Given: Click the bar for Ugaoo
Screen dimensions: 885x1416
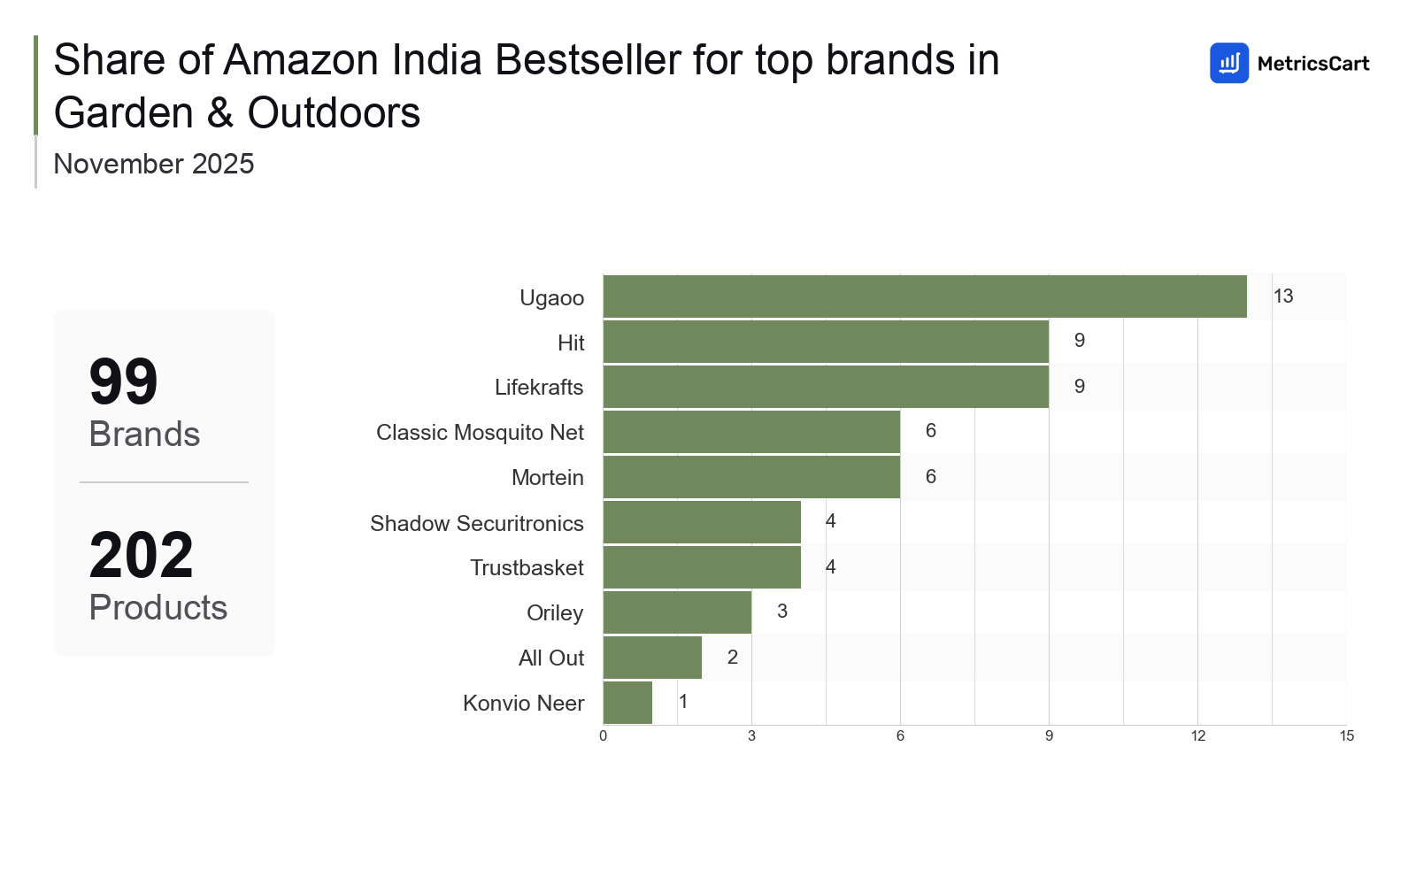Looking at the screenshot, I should coord(925,296).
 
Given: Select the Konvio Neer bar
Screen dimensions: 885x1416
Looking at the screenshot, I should coord(627,703).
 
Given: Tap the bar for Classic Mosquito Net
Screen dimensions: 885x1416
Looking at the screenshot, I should coord(751,432).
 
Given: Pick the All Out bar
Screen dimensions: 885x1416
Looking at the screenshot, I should coord(652,658).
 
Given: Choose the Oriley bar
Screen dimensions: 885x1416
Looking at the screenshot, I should coord(677,612).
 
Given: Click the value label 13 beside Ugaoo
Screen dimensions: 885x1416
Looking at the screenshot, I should coord(1283,296).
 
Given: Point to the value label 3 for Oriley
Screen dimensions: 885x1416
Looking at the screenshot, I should coord(782,612).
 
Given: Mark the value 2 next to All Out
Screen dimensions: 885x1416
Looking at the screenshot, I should coord(733,658).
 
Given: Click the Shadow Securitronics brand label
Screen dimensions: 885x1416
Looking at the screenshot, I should coord(476,523).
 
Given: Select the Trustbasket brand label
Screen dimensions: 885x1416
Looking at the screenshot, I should coord(527,568).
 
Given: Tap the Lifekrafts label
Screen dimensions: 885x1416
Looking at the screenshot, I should coord(539,388).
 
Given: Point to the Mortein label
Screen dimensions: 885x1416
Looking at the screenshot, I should coord(548,478).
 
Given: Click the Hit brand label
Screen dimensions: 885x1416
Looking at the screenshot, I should coord(571,342).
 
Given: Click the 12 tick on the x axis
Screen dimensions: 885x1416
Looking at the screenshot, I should coord(1197,736).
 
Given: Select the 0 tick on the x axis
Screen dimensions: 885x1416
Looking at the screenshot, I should coord(604,736).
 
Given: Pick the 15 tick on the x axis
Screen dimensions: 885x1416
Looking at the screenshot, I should coord(1346,736).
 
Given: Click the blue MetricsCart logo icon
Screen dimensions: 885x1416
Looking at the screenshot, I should coord(1229,63).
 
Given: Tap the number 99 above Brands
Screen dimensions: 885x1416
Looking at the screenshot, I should coord(124,382).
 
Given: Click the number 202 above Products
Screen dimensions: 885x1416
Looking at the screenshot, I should coord(142,556).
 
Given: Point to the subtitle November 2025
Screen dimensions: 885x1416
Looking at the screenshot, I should coord(154,164).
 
